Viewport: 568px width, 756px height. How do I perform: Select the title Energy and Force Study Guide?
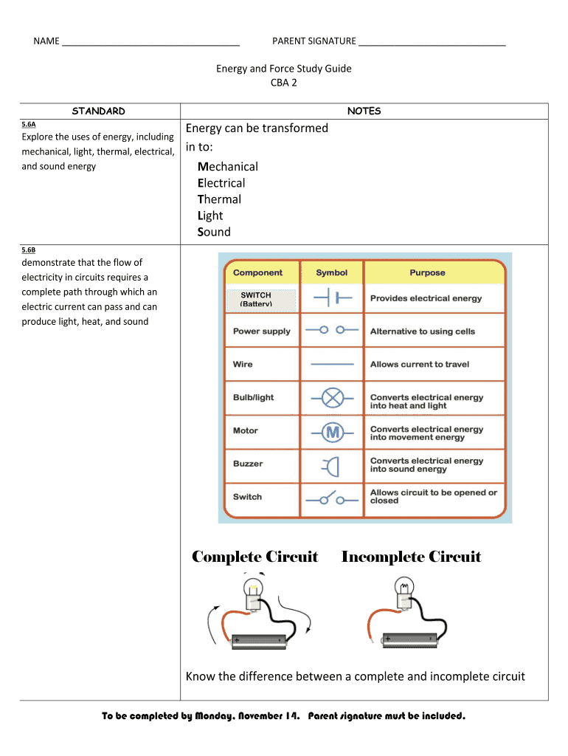(x=283, y=69)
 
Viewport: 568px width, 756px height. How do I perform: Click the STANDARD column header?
(x=99, y=111)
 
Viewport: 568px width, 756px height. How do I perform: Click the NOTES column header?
(x=364, y=111)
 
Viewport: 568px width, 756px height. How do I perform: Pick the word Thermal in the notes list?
(x=219, y=199)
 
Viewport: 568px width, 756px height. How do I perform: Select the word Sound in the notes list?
(x=214, y=232)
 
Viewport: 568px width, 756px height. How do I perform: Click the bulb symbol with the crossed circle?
(x=332, y=397)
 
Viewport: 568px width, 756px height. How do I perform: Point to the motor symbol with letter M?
(x=332, y=431)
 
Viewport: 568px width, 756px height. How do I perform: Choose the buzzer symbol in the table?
(x=330, y=465)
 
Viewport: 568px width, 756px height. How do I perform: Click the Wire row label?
(x=243, y=364)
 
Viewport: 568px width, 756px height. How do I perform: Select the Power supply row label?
(x=261, y=331)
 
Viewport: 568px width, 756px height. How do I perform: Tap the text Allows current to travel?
(x=419, y=364)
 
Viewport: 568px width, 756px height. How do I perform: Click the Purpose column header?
(x=427, y=272)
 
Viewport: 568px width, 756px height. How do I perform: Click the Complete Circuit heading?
(x=254, y=557)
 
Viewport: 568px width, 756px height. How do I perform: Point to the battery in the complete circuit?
(x=259, y=642)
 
